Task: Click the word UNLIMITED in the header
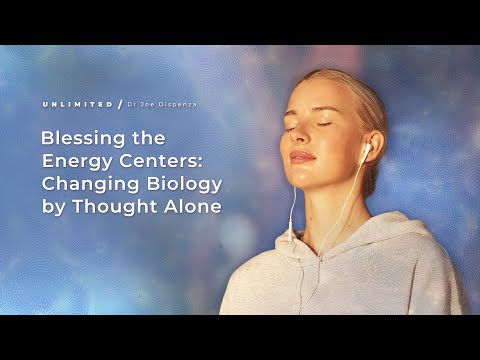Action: tap(77, 104)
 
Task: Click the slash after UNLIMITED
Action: tap(120, 104)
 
